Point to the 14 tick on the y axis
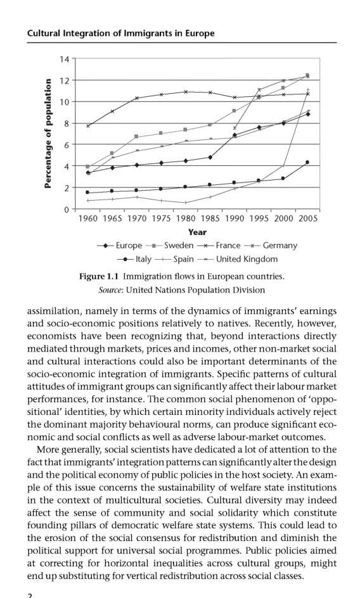click(x=65, y=59)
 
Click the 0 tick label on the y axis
click(x=68, y=209)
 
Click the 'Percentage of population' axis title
click(x=48, y=133)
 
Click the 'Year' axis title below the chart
click(x=197, y=232)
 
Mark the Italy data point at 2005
click(x=307, y=162)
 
